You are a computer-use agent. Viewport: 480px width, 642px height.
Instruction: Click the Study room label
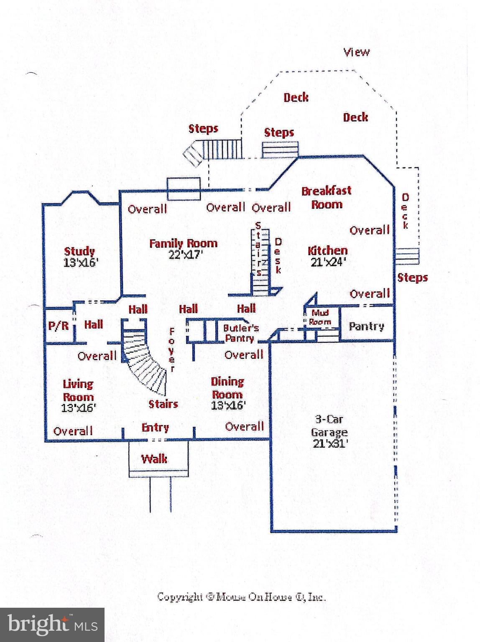79,251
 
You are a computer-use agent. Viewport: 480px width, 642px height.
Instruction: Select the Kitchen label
327,250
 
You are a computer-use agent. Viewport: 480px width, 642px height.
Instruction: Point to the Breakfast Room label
327,197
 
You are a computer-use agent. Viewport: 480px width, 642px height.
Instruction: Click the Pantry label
366,326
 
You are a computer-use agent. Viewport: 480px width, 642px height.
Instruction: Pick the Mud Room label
320,317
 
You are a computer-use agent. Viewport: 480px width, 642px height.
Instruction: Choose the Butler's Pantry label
240,333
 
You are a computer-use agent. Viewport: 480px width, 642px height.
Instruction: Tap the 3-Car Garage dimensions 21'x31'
330,443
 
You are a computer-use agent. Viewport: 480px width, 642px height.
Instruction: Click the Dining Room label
227,387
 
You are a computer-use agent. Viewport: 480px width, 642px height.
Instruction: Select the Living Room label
78,390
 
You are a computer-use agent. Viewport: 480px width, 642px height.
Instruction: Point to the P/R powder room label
58,325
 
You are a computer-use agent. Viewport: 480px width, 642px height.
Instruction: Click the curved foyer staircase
144,364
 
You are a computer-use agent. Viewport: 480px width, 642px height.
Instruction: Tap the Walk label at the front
154,459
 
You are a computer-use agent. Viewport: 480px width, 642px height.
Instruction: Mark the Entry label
155,427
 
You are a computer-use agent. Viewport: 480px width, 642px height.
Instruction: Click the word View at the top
356,52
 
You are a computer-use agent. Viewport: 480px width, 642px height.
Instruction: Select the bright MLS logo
52,624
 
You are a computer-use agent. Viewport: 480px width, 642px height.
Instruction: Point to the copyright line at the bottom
241,596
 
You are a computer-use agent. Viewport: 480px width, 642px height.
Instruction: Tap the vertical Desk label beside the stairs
278,256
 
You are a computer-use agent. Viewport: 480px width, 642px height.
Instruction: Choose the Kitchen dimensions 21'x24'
328,262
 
